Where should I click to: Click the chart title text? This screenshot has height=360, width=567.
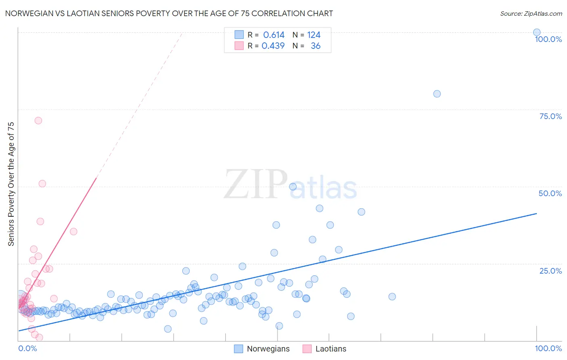click(x=169, y=13)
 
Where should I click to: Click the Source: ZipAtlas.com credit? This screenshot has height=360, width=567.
click(x=531, y=13)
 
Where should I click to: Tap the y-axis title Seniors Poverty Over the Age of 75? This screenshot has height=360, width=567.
click(x=11, y=184)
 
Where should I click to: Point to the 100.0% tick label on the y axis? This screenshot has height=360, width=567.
click(x=548, y=39)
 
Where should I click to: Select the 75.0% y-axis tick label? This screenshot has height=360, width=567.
click(x=550, y=116)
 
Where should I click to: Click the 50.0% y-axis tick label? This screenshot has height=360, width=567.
click(x=550, y=193)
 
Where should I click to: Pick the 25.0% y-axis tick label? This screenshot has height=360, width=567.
click(x=550, y=271)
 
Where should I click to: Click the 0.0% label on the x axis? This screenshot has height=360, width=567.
click(x=28, y=348)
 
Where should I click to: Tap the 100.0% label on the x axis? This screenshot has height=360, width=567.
click(x=548, y=348)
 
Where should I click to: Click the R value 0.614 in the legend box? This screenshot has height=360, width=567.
click(x=274, y=35)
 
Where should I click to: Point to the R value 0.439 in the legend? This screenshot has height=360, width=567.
click(x=273, y=46)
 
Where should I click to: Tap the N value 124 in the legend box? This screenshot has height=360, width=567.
click(x=314, y=35)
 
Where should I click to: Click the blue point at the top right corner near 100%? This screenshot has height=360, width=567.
click(x=537, y=32)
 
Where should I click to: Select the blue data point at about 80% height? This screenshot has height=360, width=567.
click(x=437, y=94)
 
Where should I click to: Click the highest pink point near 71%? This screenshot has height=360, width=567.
click(x=38, y=120)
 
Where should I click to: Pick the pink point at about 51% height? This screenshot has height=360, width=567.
click(x=42, y=184)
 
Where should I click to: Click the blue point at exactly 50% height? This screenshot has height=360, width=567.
click(x=293, y=186)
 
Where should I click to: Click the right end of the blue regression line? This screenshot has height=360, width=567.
click(x=536, y=213)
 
